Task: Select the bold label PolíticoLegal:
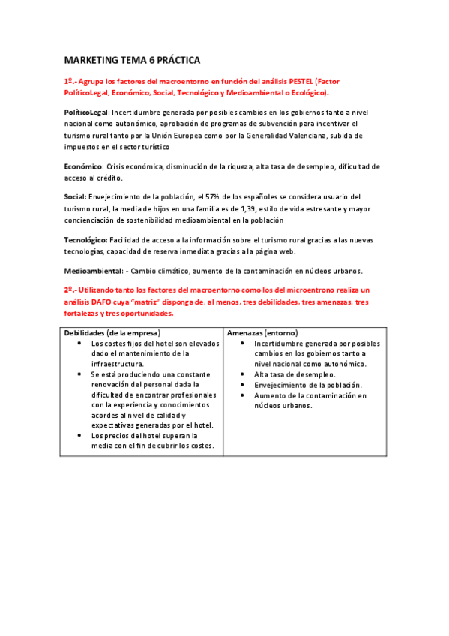click(87, 112)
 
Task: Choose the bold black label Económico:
click(83, 166)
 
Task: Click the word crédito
click(109, 178)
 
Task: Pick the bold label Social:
click(75, 196)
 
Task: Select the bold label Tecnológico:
click(86, 239)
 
